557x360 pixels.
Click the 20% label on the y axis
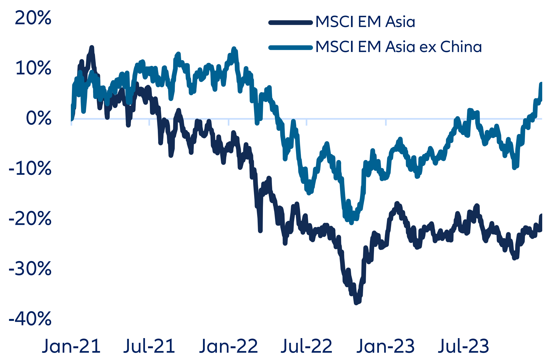click(33, 18)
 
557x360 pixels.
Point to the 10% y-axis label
click(33, 68)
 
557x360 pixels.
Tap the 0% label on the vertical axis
click(39, 119)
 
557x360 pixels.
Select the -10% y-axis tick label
click(30, 169)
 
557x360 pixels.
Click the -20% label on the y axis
click(30, 219)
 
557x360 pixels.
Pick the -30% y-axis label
click(30, 269)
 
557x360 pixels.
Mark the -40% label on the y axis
click(30, 319)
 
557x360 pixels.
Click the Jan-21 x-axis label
click(71, 346)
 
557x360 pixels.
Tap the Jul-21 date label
click(149, 346)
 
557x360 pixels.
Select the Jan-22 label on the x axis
click(228, 346)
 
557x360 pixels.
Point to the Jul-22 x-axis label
click(306, 346)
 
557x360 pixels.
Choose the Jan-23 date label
click(385, 346)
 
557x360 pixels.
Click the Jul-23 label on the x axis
click(463, 346)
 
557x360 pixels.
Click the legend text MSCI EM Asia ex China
click(398, 47)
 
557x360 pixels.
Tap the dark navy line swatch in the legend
click(291, 23)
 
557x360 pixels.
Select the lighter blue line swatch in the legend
click(291, 48)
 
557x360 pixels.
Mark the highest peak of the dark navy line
click(92, 48)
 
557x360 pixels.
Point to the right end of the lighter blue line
click(541, 84)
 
